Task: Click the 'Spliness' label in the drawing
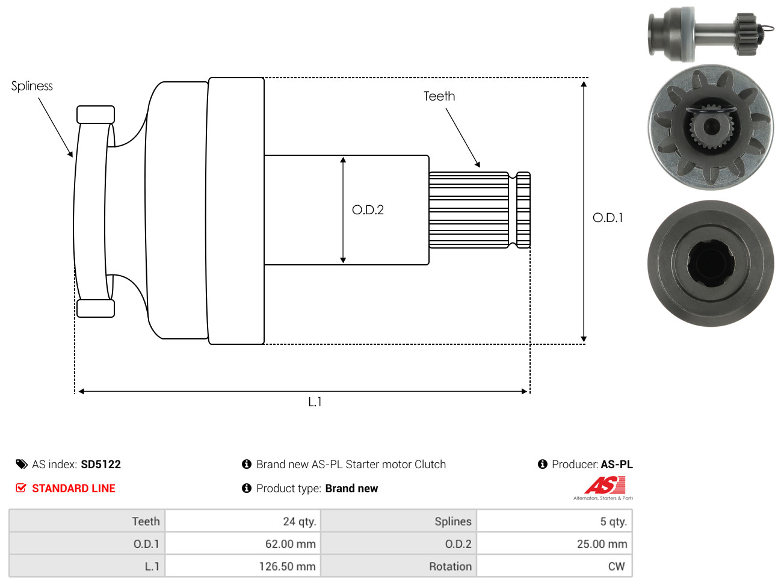tap(32, 86)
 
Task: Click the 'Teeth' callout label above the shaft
tap(439, 96)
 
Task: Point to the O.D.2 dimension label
tap(368, 210)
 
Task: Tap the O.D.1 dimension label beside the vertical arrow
tap(608, 218)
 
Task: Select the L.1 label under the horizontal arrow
tap(315, 402)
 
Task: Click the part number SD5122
tap(100, 465)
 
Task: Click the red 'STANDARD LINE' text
tap(73, 488)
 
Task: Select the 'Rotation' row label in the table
tap(450, 566)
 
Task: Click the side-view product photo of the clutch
tap(711, 34)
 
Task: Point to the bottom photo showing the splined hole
tap(711, 264)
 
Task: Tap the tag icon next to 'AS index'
tap(22, 465)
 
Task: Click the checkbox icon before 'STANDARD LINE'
tap(21, 488)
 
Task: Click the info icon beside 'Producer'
tap(542, 464)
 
